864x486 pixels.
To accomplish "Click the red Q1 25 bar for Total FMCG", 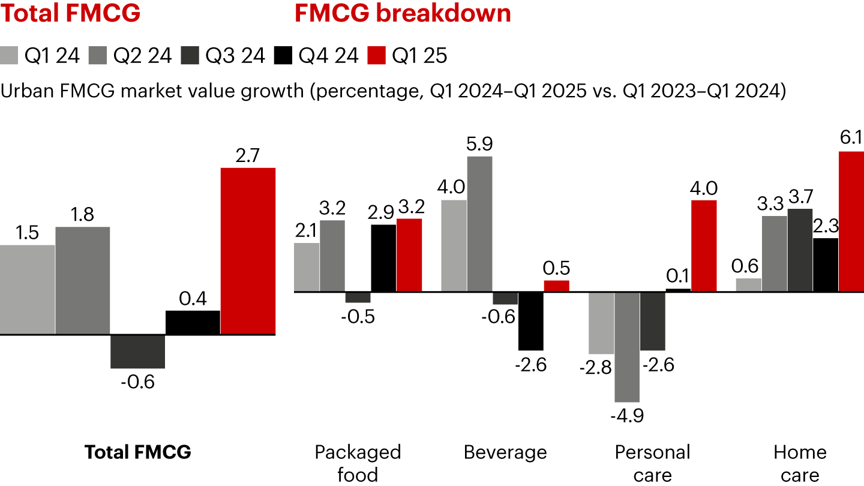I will coord(248,250).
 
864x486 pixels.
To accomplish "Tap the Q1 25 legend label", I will coord(419,55).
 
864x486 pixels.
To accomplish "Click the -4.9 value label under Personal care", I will coord(627,415).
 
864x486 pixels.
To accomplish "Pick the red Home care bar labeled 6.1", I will coord(851,221).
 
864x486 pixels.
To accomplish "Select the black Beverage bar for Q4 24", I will coord(530,321).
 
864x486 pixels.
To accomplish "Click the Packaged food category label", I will coord(358,463).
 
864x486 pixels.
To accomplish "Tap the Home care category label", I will coord(800,463).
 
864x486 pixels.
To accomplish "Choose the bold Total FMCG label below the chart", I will coord(138,452).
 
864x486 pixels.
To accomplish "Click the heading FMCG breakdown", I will coord(403,13).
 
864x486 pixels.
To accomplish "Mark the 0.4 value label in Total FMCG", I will coord(193,298).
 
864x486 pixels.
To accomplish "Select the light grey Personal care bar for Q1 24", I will coord(601,323).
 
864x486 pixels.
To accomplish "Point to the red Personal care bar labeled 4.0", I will coord(704,246).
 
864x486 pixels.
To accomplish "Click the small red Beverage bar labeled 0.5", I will coord(556,286).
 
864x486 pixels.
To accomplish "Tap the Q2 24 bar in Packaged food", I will coord(332,256).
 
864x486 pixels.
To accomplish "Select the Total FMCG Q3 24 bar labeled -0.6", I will coord(137,351).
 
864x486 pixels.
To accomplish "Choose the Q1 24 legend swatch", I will coord(10,55).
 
